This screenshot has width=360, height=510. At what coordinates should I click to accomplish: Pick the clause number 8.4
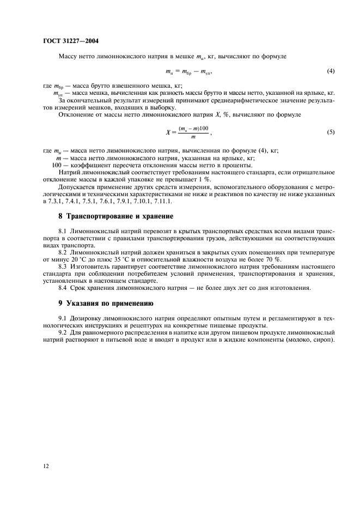coord(63,288)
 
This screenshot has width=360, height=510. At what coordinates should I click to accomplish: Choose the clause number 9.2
coord(63,332)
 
